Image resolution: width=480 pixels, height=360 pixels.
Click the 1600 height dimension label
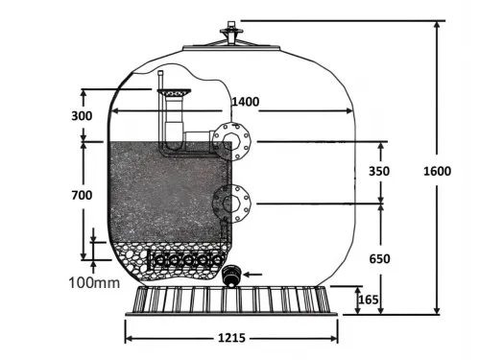[x=438, y=171]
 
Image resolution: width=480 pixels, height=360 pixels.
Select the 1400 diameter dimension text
[x=246, y=100]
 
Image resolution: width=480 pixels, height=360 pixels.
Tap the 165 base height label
[x=369, y=300]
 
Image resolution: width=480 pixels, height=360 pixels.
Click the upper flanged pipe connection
[x=231, y=141]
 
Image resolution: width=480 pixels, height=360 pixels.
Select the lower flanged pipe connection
[x=231, y=203]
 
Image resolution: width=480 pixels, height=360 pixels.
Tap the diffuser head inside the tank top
[x=174, y=91]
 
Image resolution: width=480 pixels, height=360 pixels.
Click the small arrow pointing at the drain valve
[x=254, y=275]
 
